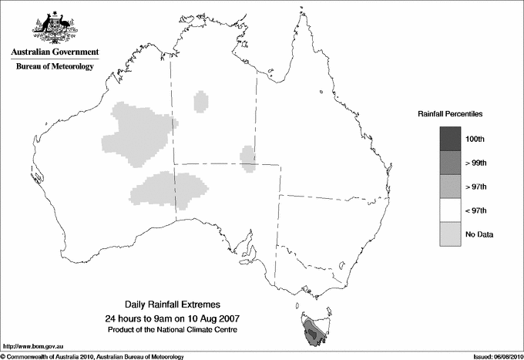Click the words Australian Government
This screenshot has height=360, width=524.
(x=54, y=52)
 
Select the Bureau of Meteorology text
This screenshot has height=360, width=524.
(x=54, y=67)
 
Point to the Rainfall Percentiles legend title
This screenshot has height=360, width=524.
(x=450, y=113)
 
